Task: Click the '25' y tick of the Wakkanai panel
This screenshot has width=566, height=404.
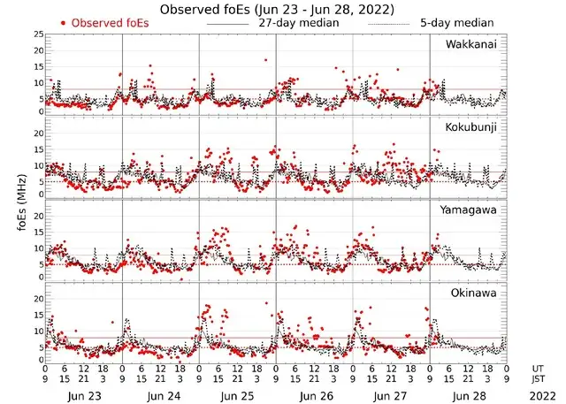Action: pos(36,34)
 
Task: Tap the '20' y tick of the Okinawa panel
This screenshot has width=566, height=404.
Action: pos(36,299)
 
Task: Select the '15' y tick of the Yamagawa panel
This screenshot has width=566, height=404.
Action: pos(36,232)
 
